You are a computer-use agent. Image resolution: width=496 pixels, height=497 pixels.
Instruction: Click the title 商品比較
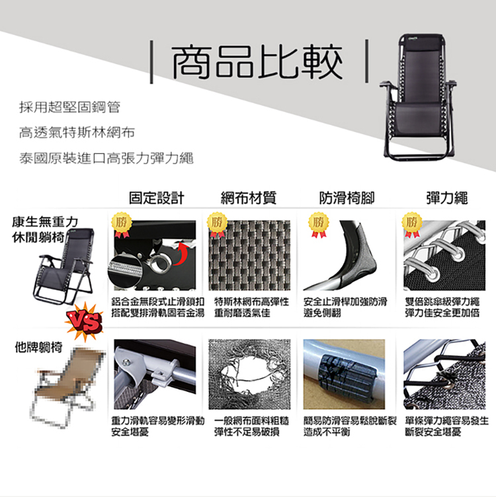[x=258, y=63]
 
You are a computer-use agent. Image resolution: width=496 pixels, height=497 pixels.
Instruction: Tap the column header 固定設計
[x=156, y=198]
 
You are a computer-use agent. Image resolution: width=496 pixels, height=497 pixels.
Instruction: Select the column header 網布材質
[x=249, y=198]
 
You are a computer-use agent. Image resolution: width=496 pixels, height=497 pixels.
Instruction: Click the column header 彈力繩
[x=446, y=198]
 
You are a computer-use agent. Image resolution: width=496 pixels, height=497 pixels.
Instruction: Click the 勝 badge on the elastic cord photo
[x=412, y=223]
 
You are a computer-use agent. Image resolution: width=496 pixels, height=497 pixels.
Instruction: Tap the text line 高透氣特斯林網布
[x=77, y=133]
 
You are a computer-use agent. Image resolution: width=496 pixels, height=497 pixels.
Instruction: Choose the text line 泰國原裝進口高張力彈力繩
[x=106, y=159]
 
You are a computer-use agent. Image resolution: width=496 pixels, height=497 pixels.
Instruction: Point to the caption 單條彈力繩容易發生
[x=446, y=421]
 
